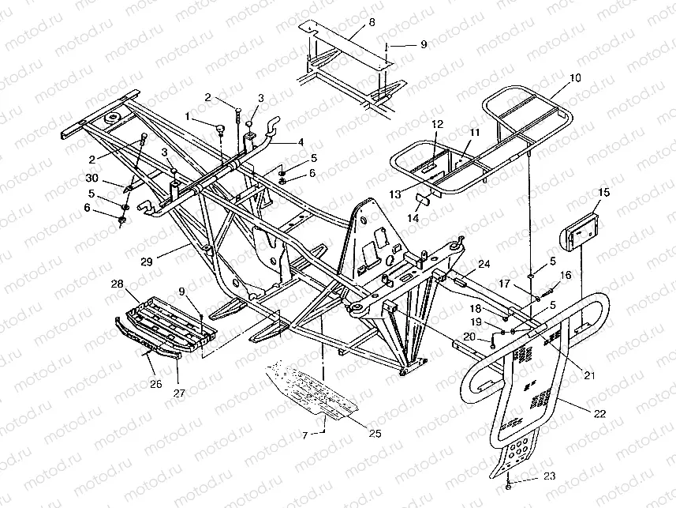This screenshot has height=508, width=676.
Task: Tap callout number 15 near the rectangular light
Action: (x=603, y=192)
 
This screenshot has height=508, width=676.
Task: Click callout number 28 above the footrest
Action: (x=118, y=283)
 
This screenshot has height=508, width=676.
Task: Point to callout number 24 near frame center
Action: (x=484, y=264)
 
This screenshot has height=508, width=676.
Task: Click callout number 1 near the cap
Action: (x=187, y=116)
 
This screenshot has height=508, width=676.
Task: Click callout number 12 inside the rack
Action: (x=437, y=124)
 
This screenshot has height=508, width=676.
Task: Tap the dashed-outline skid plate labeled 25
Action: (x=316, y=391)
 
